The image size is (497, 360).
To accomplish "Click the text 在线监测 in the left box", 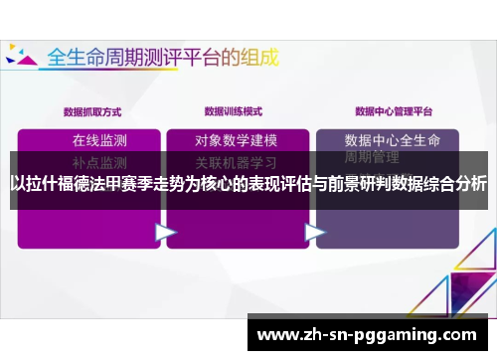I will (99, 139).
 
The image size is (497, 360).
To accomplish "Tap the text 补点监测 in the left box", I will (99, 159).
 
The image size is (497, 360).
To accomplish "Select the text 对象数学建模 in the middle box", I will (236, 139).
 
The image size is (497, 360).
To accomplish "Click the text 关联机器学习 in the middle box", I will (236, 159).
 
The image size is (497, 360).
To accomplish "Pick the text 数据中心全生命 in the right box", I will (399, 139).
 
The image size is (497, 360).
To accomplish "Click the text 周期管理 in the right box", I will (372, 157).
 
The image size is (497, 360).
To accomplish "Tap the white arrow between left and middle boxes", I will (165, 232).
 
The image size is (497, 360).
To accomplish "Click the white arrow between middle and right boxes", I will (315, 232).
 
